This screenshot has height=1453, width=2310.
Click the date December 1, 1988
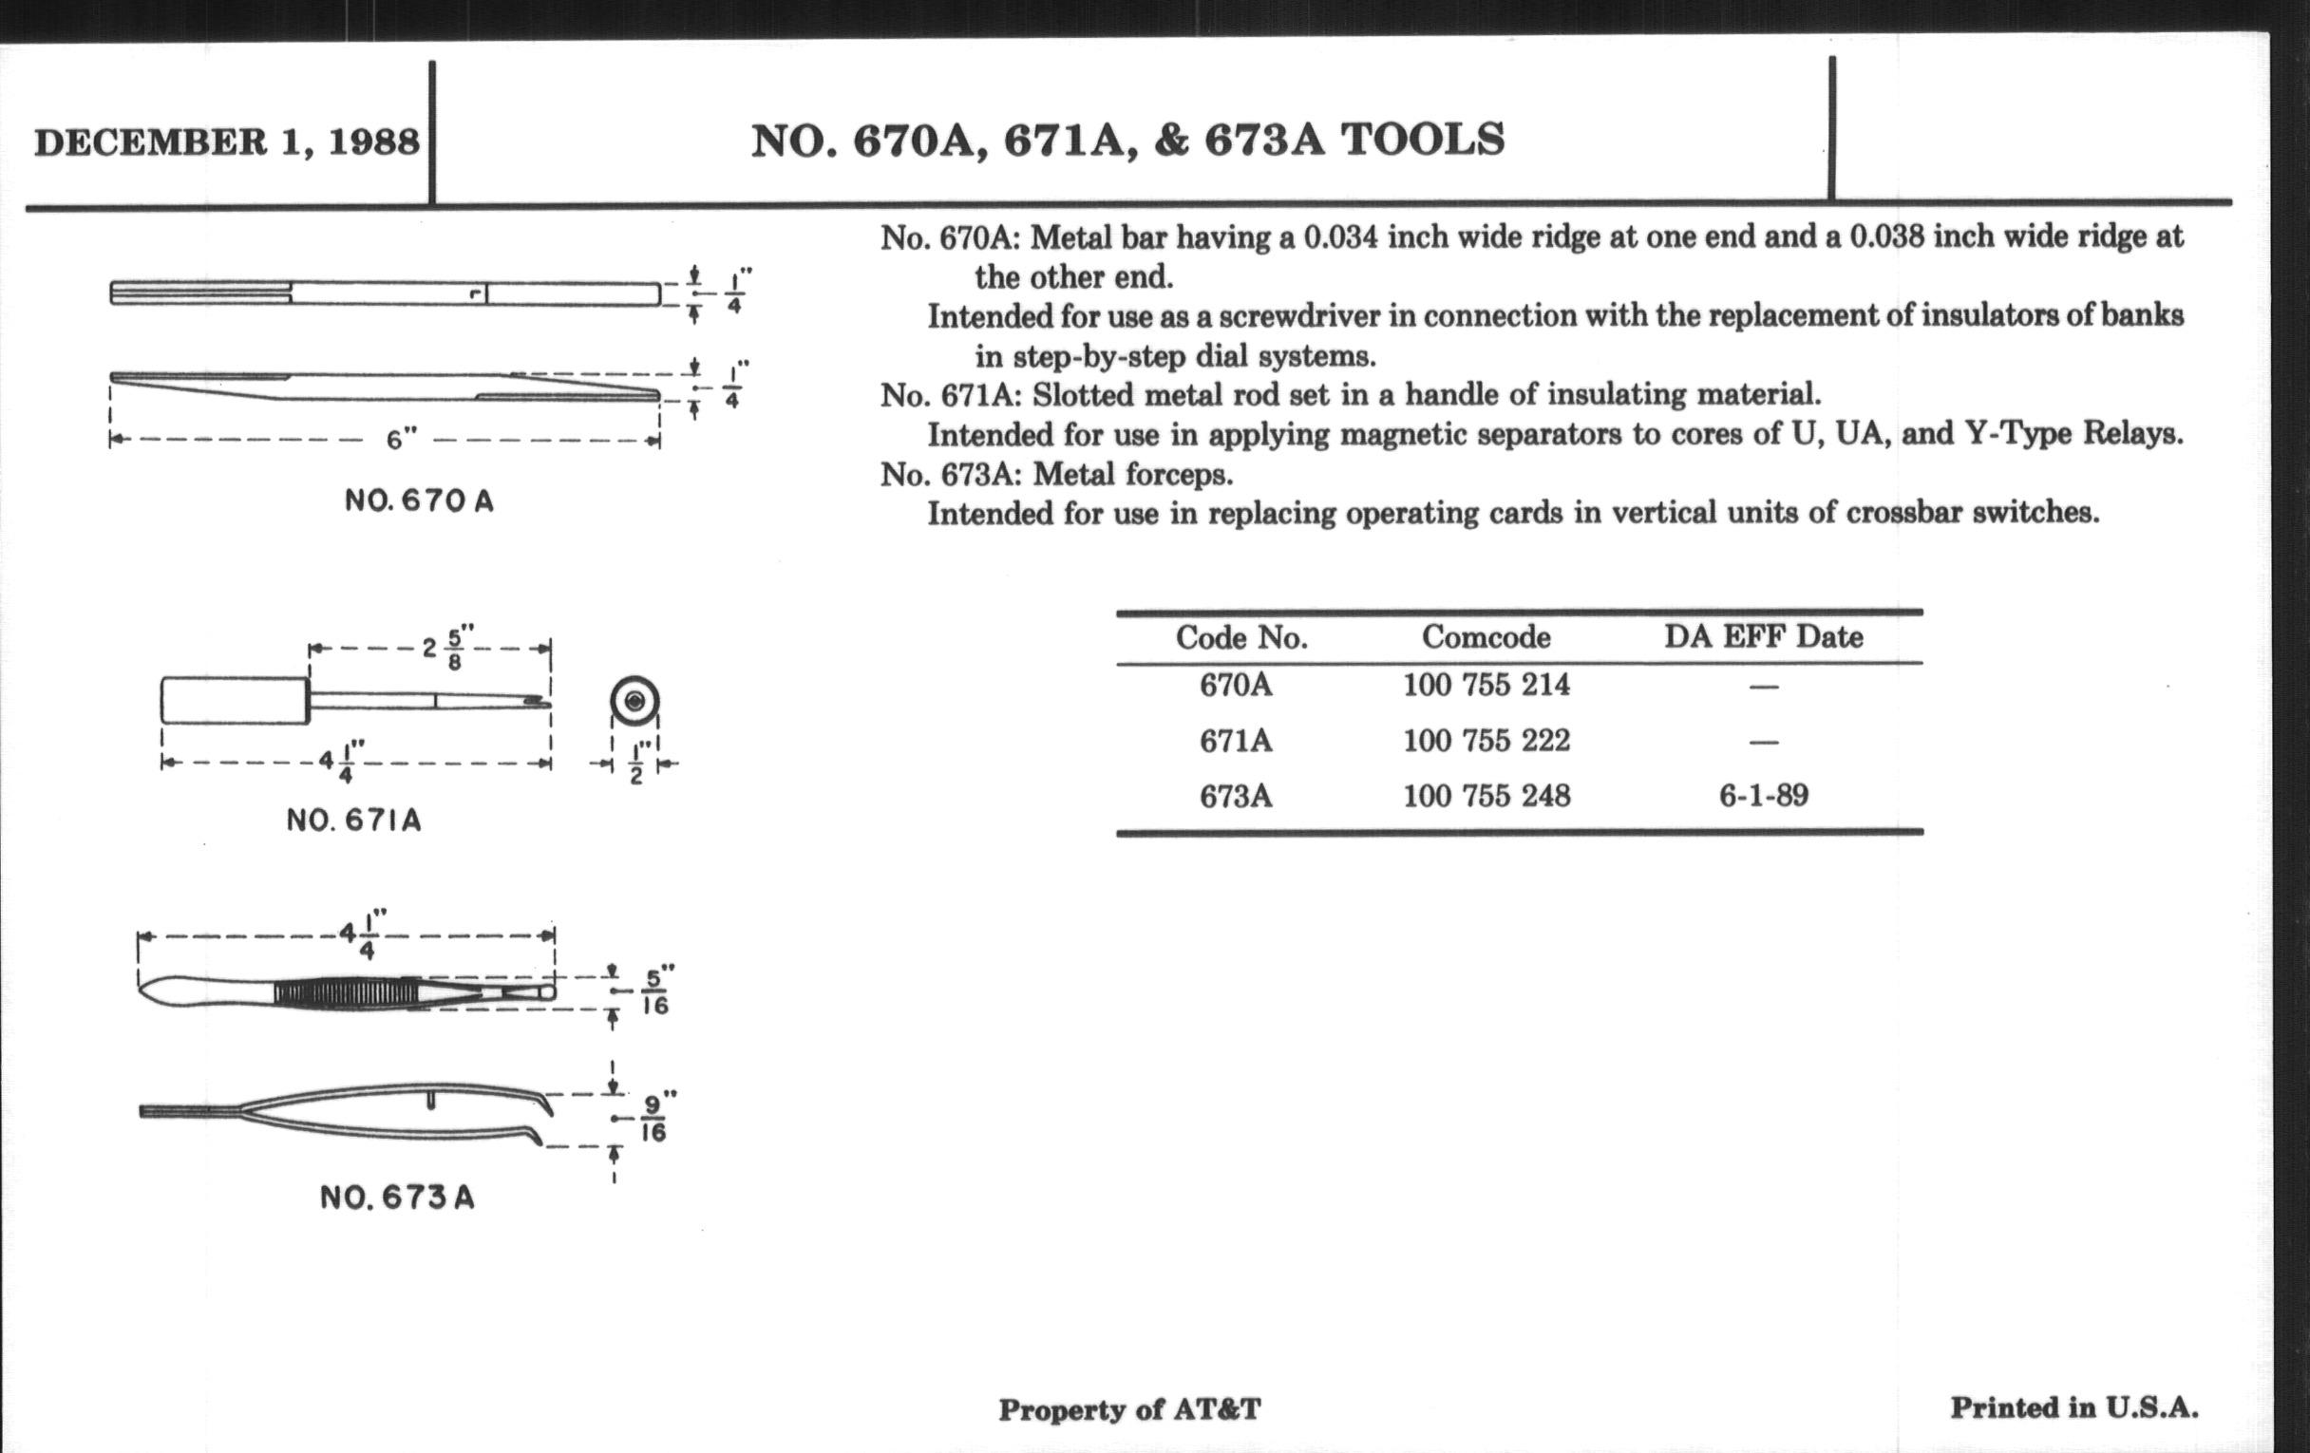[x=226, y=142]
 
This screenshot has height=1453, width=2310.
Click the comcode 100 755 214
[x=1486, y=685]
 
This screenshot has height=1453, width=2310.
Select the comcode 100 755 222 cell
[x=1486, y=741]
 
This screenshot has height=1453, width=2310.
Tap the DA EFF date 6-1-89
[x=1763, y=796]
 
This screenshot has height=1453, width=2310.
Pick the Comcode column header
[x=1486, y=637]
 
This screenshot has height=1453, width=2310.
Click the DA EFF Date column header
[x=1763, y=637]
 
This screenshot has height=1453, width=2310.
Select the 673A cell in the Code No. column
[x=1236, y=796]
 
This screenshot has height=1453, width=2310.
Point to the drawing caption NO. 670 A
[x=419, y=500]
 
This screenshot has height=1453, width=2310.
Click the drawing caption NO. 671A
[x=353, y=820]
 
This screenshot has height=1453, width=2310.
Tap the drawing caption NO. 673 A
[x=397, y=1197]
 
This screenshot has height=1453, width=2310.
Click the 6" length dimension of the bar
[x=401, y=441]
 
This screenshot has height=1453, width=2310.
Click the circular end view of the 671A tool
[x=634, y=702]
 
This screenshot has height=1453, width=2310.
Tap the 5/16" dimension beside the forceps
[x=656, y=991]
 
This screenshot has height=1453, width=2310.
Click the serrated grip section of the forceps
[x=346, y=991]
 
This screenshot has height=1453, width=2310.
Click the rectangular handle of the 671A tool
[x=235, y=701]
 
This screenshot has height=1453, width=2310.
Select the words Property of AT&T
[x=1129, y=1409]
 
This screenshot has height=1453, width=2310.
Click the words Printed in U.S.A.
[x=2074, y=1407]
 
